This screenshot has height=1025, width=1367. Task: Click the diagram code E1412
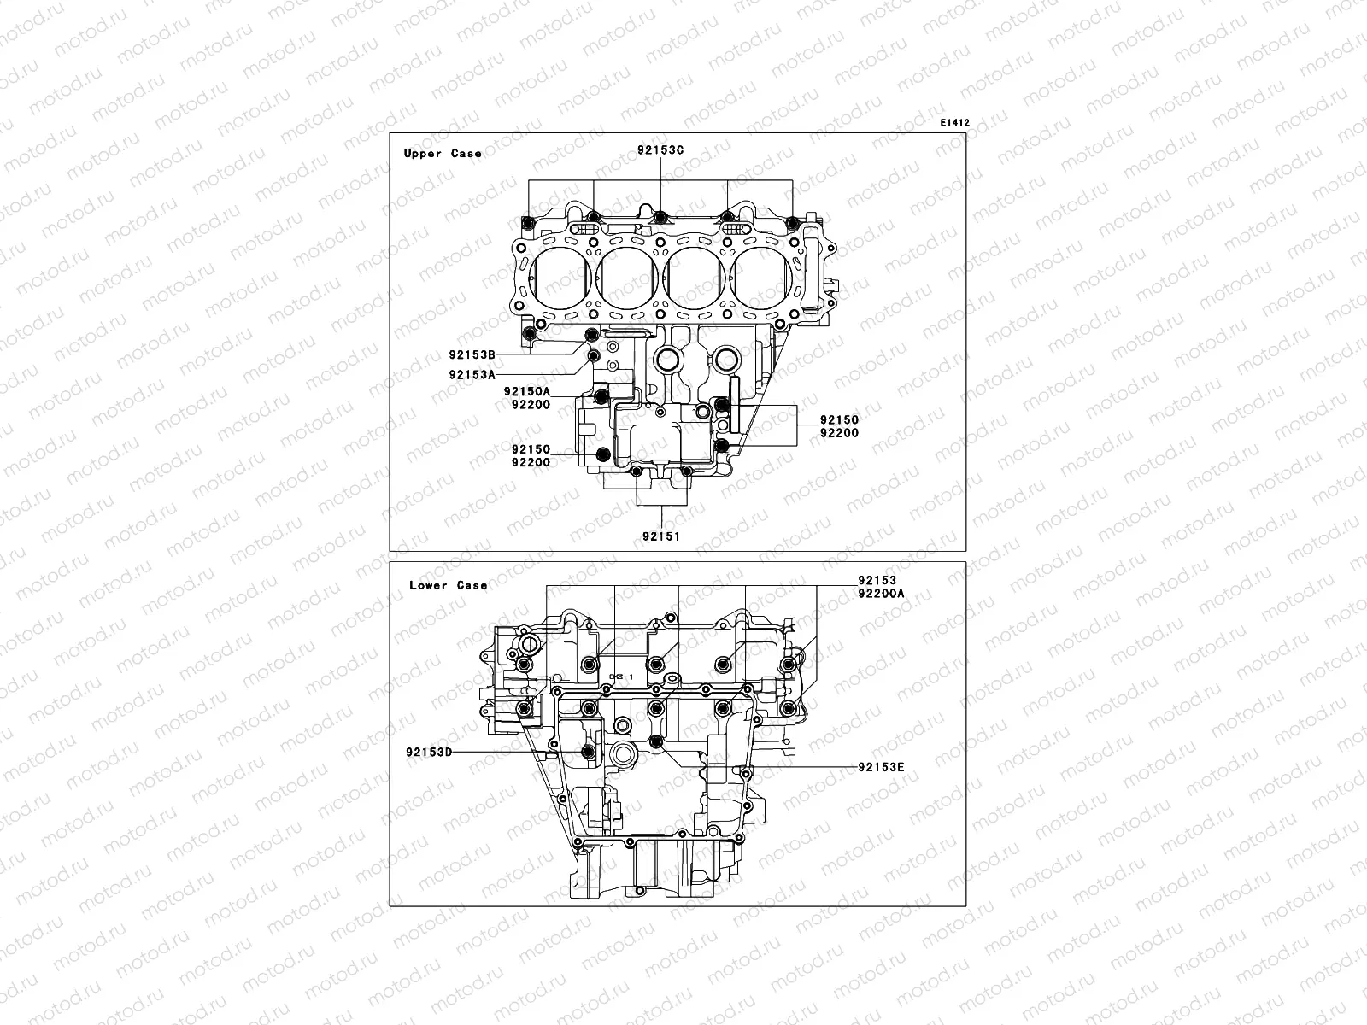pyautogui.click(x=954, y=123)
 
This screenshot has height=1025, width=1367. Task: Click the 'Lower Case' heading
pyautogui.click(x=448, y=585)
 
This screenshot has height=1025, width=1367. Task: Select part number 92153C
pyautogui.click(x=660, y=150)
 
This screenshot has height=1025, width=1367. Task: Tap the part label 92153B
pyautogui.click(x=472, y=354)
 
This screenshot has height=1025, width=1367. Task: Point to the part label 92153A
pyautogui.click(x=472, y=374)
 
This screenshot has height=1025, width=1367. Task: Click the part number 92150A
pyautogui.click(x=531, y=391)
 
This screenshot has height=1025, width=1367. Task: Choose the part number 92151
pyautogui.click(x=661, y=536)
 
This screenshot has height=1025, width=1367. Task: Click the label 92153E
pyautogui.click(x=881, y=767)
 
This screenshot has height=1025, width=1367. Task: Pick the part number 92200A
pyautogui.click(x=880, y=592)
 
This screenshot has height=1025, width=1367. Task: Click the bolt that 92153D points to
pyautogui.click(x=587, y=752)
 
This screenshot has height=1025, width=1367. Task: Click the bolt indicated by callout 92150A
pyautogui.click(x=601, y=395)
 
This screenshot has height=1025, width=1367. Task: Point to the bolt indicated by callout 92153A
pyautogui.click(x=592, y=355)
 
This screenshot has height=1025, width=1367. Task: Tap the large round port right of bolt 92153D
pyautogui.click(x=621, y=756)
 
